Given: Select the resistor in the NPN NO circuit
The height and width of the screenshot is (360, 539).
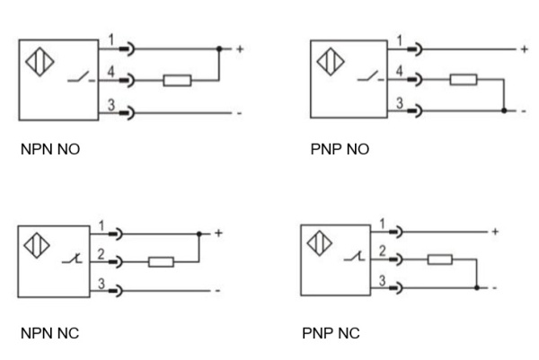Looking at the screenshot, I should pos(176,80).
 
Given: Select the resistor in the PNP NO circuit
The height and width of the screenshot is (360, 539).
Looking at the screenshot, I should pos(463,80).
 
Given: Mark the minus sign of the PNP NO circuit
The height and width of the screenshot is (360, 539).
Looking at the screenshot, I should pos(526,112).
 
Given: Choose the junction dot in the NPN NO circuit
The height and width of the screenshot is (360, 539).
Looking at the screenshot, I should pos(219,48).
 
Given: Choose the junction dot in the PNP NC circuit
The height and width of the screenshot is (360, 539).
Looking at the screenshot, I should pos(476,287).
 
